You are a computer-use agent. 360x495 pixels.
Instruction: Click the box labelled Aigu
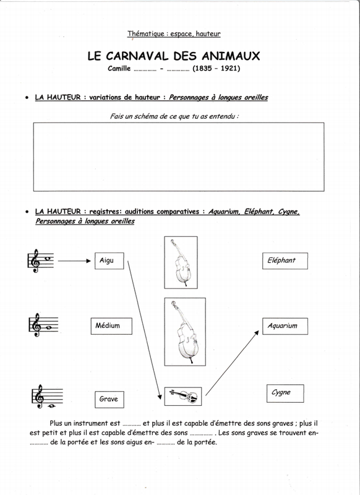[x=109, y=260]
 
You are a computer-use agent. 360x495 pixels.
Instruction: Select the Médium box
[x=111, y=326]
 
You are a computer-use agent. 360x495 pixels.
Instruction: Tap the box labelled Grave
[x=109, y=399]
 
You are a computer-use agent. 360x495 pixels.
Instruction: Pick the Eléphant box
[x=285, y=260]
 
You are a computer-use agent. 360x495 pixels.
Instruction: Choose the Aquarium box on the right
[x=285, y=326]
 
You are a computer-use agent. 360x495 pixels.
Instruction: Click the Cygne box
[x=285, y=394]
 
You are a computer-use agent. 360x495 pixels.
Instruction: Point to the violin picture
[x=183, y=396]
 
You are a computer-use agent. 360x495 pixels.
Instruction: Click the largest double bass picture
[x=185, y=332]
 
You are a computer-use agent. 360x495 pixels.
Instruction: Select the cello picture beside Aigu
[x=181, y=262]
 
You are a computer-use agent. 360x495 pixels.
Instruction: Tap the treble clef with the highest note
[x=40, y=260]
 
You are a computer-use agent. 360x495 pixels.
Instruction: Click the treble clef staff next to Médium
[x=43, y=325]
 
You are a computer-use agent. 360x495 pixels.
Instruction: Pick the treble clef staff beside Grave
[x=47, y=397]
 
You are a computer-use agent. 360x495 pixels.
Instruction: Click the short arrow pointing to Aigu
[x=74, y=260]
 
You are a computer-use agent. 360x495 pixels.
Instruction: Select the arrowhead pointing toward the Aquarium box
[x=257, y=333]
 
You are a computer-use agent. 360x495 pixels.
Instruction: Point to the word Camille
[x=119, y=68]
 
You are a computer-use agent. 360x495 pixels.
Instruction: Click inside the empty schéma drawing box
[x=179, y=157]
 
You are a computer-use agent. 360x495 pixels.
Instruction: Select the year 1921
[x=229, y=68]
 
